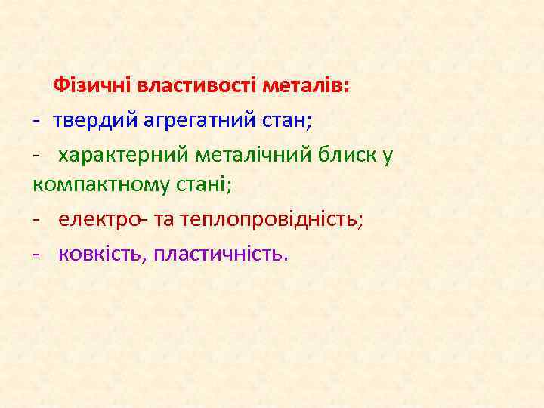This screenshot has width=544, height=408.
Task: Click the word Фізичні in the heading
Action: [92, 85]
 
